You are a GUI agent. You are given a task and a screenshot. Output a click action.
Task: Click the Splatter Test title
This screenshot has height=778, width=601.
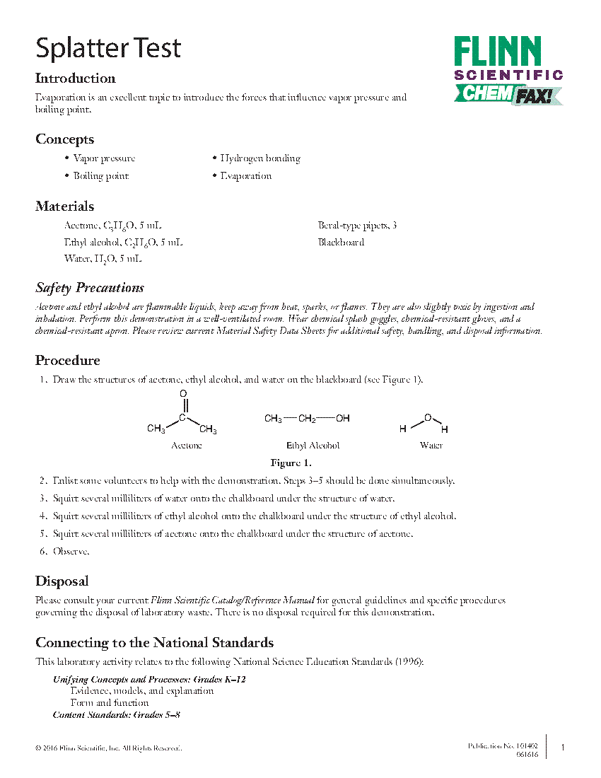[108, 48]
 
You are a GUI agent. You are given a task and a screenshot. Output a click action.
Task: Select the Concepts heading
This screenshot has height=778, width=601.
[64, 139]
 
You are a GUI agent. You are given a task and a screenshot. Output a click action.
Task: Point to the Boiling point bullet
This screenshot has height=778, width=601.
[100, 176]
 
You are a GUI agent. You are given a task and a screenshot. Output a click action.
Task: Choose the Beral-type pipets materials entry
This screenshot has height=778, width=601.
[357, 226]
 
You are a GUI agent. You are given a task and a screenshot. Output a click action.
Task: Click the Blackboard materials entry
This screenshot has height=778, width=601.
[341, 242]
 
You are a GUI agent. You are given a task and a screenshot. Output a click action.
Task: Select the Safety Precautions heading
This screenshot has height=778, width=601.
[90, 288]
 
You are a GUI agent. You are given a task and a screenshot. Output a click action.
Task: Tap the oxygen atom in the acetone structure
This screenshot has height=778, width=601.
[183, 393]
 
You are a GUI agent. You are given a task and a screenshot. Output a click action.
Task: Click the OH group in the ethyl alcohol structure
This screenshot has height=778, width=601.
[343, 418]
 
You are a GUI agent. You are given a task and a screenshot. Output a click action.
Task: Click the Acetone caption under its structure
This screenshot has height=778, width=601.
[187, 446]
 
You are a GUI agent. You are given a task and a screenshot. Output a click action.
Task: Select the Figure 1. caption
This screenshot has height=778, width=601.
[291, 464]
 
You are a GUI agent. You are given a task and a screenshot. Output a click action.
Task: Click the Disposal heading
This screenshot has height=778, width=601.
[62, 581]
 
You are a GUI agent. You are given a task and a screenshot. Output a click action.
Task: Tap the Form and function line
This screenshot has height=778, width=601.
[110, 703]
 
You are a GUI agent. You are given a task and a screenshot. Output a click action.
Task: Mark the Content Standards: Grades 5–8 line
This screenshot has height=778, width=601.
[117, 715]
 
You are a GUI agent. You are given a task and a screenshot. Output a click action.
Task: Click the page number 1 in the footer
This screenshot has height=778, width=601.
[563, 748]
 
